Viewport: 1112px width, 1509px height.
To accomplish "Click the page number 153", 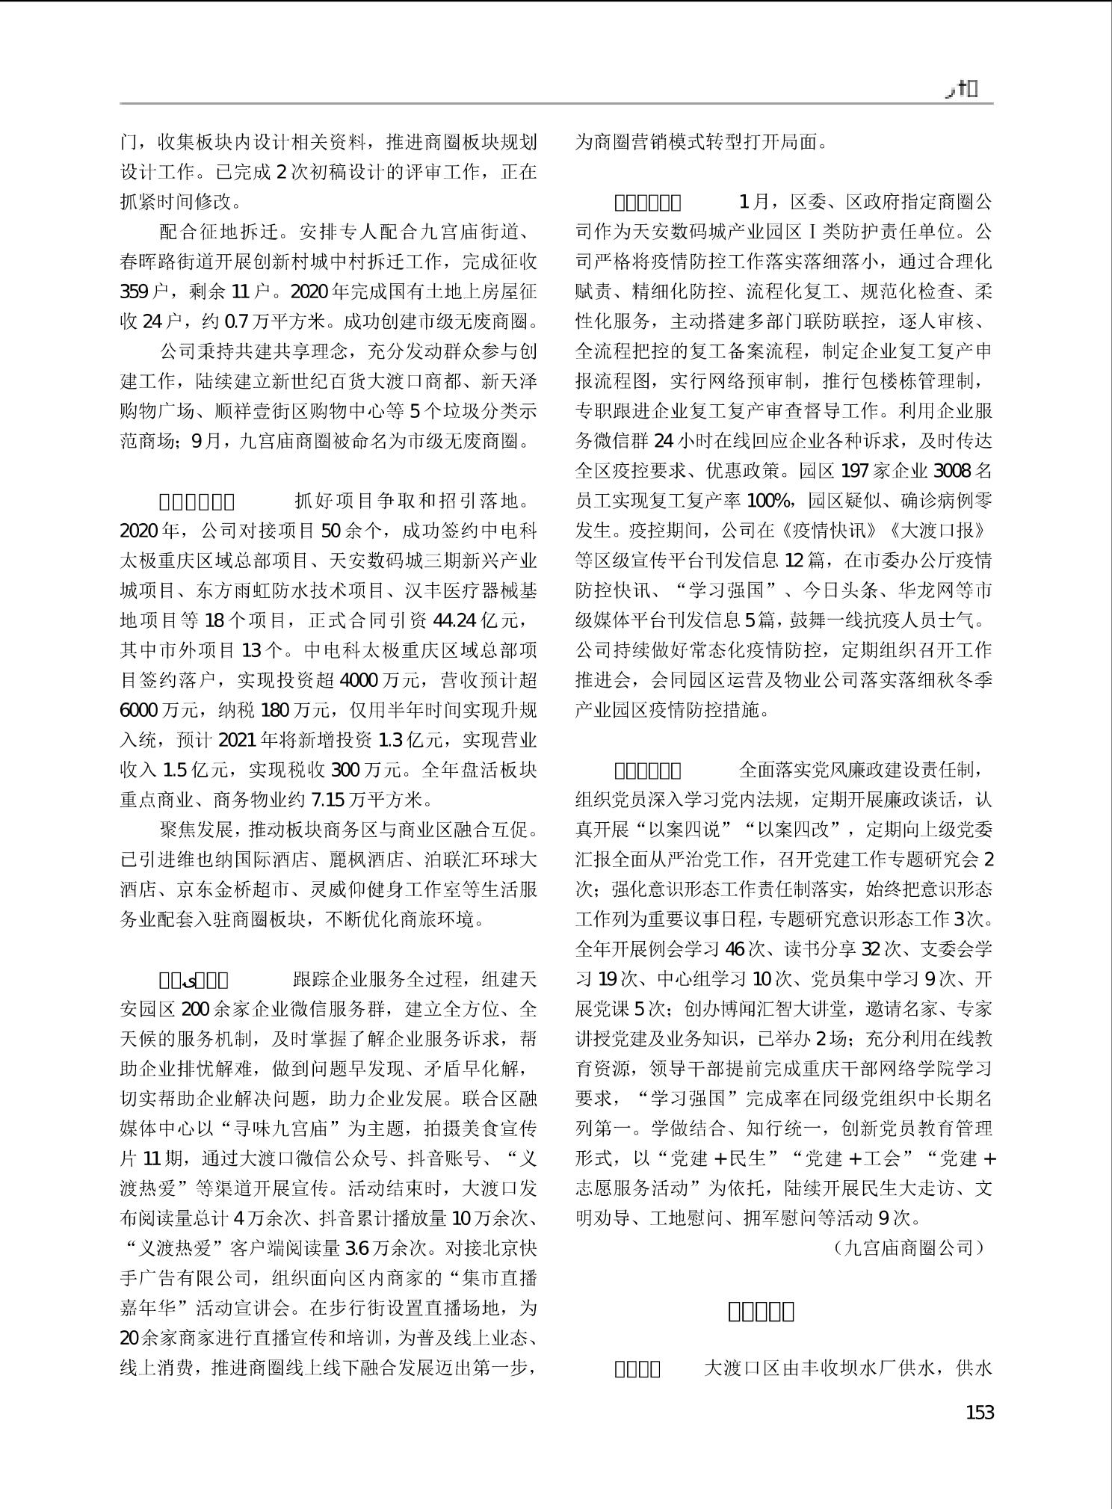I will pyautogui.click(x=979, y=1413).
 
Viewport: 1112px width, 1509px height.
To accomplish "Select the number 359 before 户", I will pyautogui.click(x=135, y=291).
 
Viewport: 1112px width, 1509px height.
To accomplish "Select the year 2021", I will pyautogui.click(x=237, y=740).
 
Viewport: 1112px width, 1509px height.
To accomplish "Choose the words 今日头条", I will pyautogui.click(x=839, y=590).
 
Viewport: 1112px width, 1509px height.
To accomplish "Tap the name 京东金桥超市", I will pyautogui.click(x=232, y=889).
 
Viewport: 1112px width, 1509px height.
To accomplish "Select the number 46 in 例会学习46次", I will pyautogui.click(x=735, y=949).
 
